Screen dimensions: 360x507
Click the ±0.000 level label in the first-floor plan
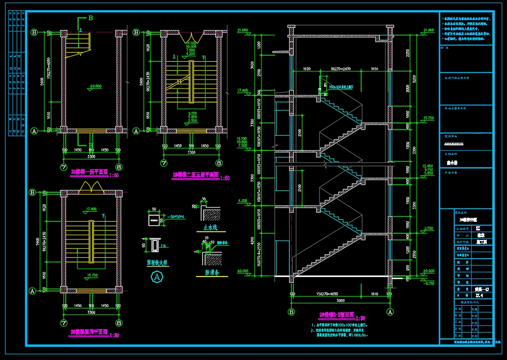click(x=95, y=86)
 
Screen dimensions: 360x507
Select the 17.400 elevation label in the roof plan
click(x=91, y=209)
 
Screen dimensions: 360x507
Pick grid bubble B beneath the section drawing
click(x=291, y=312)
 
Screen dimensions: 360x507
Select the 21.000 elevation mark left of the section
click(x=242, y=30)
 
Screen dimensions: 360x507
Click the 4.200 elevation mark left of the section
click(x=242, y=201)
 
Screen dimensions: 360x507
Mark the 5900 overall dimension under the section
click(x=340, y=301)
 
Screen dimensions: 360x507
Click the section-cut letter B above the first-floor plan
click(x=91, y=18)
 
